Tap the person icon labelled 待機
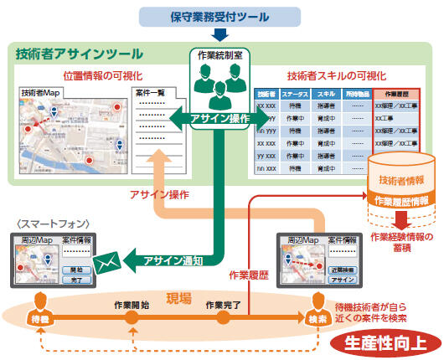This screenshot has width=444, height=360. pos(38,308)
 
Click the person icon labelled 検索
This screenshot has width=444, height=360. pos(317,308)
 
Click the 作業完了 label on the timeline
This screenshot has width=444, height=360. pos(224,304)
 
